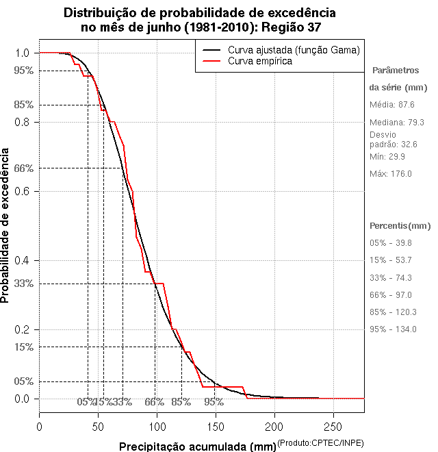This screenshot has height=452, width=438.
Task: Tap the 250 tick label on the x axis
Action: coord(333,426)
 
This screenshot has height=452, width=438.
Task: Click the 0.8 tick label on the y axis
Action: coord(23,122)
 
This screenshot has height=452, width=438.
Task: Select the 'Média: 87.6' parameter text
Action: coord(391,104)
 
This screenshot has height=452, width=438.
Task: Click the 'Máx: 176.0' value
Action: coord(390,174)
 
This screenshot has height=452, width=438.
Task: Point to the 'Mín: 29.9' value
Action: coord(388,157)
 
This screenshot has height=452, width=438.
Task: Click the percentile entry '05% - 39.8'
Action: coord(391,243)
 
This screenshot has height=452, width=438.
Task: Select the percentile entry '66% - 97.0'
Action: coord(391,295)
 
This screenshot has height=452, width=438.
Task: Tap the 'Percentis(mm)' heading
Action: coord(400,225)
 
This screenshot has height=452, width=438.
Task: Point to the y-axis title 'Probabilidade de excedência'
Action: coord(6,225)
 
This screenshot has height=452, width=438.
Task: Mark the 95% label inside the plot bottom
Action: coord(214,402)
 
